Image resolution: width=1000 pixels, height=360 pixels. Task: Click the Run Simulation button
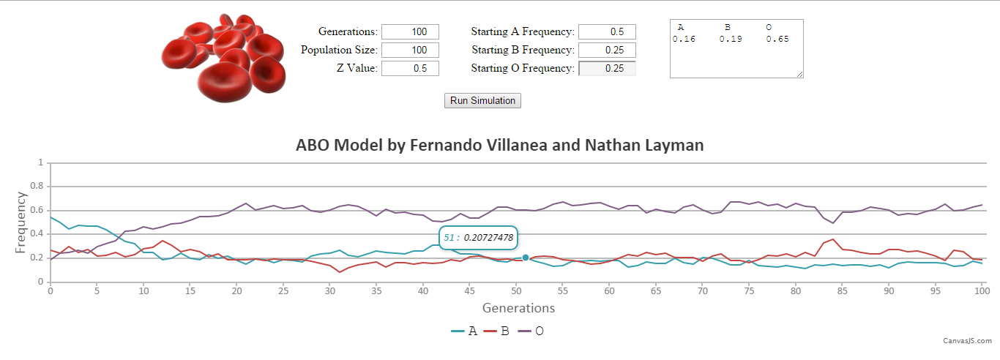click(482, 101)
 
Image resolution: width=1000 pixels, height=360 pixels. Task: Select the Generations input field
click(410, 31)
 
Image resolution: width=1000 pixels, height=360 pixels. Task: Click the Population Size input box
click(410, 50)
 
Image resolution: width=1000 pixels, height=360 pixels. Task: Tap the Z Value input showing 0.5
click(410, 68)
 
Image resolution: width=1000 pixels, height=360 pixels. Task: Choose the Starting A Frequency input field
click(607, 31)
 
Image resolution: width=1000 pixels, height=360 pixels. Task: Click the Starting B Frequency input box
click(607, 50)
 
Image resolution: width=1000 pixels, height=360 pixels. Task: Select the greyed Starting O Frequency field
click(607, 68)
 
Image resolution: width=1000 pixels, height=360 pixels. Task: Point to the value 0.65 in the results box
click(777, 40)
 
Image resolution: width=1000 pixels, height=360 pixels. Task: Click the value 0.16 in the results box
click(684, 40)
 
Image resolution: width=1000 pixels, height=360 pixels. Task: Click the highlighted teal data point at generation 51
click(525, 258)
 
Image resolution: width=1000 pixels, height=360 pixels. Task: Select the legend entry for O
click(532, 331)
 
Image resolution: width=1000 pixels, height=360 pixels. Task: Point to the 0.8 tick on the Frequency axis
click(40, 187)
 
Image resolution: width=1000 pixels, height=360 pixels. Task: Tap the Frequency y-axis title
click(20, 222)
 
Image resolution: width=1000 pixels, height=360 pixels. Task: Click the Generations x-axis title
click(518, 308)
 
